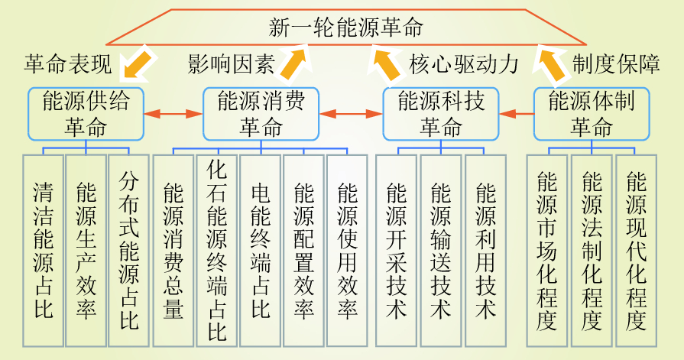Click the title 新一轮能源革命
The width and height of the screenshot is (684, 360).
346,28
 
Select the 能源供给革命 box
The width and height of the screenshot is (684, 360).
86,114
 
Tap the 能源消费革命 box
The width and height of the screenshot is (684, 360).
261,114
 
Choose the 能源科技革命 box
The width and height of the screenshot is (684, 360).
441,114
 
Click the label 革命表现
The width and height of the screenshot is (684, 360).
68,65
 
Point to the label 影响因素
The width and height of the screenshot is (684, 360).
231,65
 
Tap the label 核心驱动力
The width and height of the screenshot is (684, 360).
464,65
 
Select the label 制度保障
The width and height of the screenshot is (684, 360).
616,65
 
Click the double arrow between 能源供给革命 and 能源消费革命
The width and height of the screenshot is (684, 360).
173,114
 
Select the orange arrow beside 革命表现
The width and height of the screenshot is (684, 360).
136,62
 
